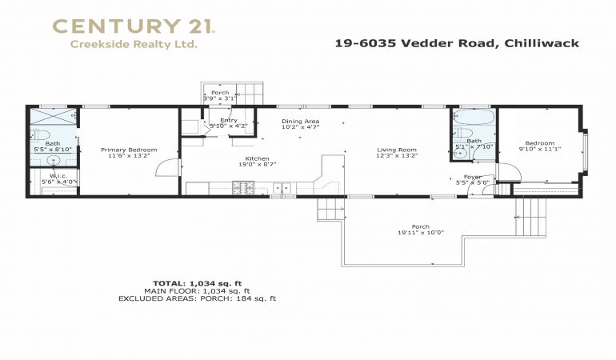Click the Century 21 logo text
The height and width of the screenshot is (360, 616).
pos(134,26)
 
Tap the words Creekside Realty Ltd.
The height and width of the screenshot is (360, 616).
pos(133,45)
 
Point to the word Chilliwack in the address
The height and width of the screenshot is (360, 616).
pos(542,43)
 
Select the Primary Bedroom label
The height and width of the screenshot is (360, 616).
pos(129,150)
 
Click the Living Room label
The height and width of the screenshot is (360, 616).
pos(397,150)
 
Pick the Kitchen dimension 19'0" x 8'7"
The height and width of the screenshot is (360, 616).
pos(258,165)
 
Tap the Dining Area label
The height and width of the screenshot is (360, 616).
pos(301,122)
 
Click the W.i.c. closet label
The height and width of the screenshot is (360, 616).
pos(58,176)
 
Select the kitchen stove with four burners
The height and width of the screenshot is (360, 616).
pos(243,187)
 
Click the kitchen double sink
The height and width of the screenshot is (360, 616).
pos(282,188)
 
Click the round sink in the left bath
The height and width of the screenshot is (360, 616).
pos(54,160)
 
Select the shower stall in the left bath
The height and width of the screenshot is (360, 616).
pos(54,116)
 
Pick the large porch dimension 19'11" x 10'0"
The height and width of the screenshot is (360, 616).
pos(420,233)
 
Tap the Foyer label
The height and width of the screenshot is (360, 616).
pos(473,177)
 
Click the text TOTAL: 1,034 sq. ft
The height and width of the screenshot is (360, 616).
pos(198,283)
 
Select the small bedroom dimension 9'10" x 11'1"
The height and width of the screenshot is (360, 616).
pos(540,149)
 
